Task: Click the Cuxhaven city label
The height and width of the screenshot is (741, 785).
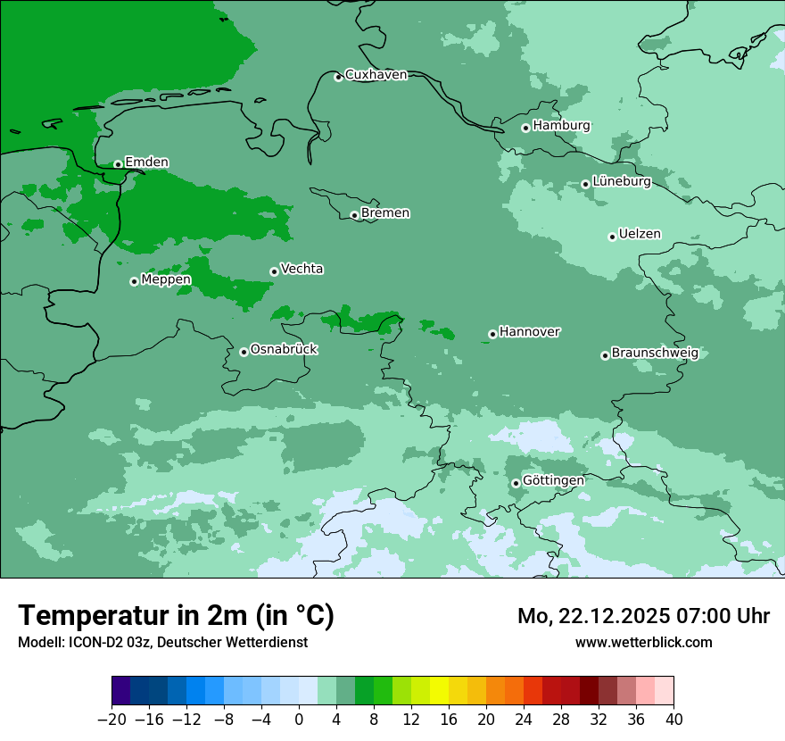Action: (x=376, y=75)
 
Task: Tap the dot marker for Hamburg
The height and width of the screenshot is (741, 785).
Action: (x=525, y=128)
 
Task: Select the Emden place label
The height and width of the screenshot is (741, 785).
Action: (x=146, y=162)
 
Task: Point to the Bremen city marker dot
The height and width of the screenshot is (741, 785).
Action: (x=354, y=215)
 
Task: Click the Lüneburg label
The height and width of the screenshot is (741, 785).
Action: (x=621, y=182)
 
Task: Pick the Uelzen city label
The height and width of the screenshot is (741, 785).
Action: (x=640, y=235)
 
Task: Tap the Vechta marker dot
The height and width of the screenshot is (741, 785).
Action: (x=274, y=271)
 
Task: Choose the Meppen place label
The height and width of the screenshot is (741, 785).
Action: (x=166, y=280)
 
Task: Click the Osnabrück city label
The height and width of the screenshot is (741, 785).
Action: (x=284, y=350)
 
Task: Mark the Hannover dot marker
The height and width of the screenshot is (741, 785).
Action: (x=492, y=335)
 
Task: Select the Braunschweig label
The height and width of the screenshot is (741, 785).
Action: (x=655, y=354)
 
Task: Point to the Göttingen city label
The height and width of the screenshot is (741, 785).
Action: (x=553, y=481)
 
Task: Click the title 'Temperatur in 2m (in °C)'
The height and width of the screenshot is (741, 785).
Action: (x=177, y=616)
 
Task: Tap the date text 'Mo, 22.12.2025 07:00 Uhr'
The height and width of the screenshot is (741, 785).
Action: (x=643, y=616)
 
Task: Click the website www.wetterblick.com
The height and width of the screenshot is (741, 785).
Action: (x=643, y=642)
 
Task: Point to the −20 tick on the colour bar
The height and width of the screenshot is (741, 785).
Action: (x=112, y=720)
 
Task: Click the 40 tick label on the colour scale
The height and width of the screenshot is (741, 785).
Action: (x=673, y=720)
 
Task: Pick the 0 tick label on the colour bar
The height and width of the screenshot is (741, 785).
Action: (x=299, y=720)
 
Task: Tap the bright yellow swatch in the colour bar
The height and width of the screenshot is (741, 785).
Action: (x=439, y=690)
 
